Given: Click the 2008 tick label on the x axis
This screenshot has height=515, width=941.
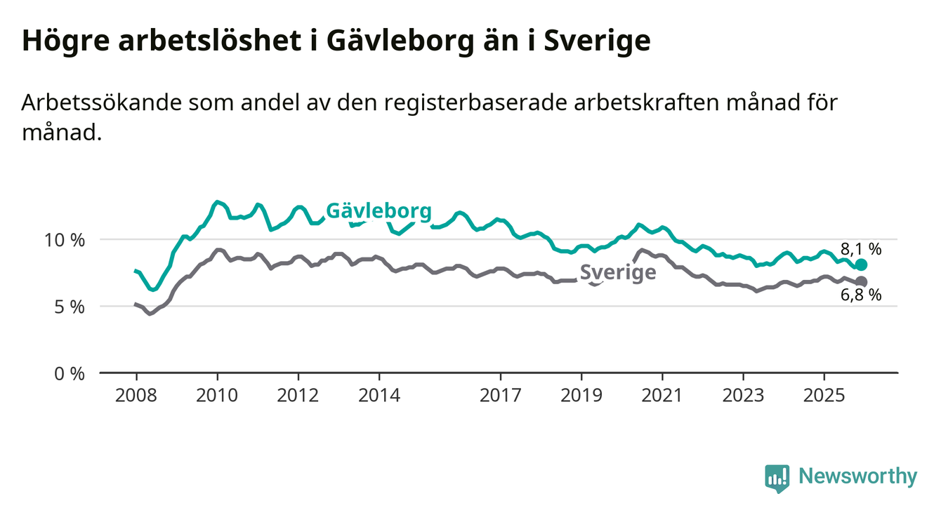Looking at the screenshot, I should pos(136,396).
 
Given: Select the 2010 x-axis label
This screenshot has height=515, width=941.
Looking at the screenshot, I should pos(217,396).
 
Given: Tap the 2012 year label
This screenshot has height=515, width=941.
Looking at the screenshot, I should pos(298,396).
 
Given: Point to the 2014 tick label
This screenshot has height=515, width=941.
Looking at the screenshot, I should pos(379,396).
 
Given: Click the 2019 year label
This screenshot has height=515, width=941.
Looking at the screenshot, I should pos(581,396).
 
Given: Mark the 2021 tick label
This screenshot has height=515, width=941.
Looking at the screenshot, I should pos(662,396).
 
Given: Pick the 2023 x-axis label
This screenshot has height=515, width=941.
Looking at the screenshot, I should pos(744,396).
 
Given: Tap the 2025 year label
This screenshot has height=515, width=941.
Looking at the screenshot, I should pos(824,396).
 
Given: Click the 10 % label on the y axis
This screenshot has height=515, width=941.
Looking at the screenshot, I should pos(65,240).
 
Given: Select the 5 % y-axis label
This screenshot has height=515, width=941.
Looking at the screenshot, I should pos(69,307).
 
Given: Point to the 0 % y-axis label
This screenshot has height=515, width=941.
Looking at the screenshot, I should pos(69,373).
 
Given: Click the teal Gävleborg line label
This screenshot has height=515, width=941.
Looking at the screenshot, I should pos(379,211).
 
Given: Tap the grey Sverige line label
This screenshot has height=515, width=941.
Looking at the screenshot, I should pos(618,273).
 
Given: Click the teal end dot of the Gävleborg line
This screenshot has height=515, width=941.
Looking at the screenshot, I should pos(862,265).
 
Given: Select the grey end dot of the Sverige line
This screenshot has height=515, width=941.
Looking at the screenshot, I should pos(862,281).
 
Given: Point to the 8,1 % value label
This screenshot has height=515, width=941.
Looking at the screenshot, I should pos(860,248).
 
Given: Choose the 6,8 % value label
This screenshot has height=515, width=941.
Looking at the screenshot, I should pos(860,295).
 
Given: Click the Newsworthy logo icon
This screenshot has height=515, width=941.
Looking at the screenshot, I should pos(777,478).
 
